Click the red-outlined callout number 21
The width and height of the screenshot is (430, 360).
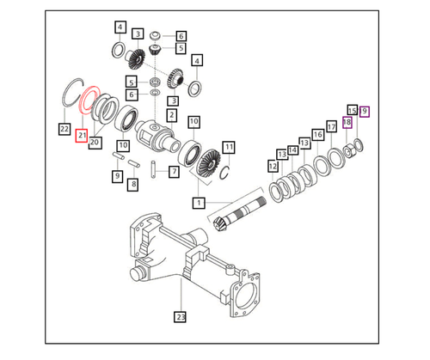coord(82,136)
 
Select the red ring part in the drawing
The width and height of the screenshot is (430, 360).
coord(88,98)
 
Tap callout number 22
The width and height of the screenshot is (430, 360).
coord(64,129)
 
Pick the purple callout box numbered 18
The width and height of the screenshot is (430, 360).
coord(347,123)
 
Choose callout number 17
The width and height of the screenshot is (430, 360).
coord(330,126)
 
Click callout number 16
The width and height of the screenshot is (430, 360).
coord(318,135)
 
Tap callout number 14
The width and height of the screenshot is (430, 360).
coord(293,149)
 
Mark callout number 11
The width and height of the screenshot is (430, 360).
coord(228,148)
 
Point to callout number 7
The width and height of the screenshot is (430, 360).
coord(174,171)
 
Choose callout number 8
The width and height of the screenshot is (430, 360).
coord(133,183)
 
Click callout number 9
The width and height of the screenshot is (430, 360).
coord(117,176)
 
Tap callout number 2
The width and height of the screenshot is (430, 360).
coord(172,115)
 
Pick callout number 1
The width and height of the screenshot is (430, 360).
coord(199,203)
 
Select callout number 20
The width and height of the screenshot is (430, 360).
coord(95,142)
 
